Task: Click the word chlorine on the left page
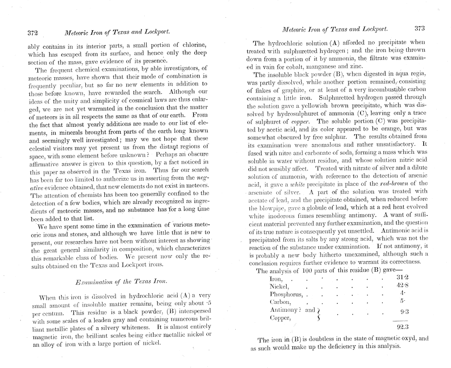[x=192, y=44]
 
